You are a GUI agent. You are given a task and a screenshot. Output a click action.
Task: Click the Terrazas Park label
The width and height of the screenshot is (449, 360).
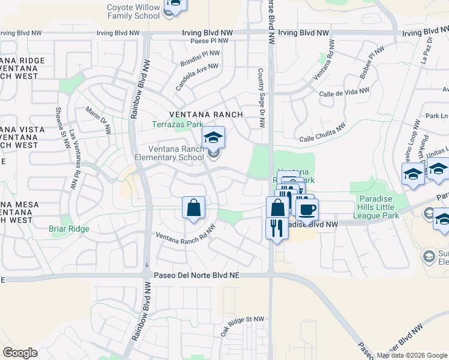[177, 125]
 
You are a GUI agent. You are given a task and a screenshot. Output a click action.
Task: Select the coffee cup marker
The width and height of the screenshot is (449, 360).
[307, 210]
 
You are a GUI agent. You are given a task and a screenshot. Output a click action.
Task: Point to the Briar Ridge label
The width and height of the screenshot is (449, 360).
[69, 229]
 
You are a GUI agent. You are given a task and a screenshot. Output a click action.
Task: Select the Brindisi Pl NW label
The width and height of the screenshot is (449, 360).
[200, 58]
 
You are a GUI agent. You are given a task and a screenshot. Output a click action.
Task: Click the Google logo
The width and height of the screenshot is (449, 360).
[20, 353]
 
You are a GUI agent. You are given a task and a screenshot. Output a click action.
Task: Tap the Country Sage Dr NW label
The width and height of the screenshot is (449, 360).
[261, 98]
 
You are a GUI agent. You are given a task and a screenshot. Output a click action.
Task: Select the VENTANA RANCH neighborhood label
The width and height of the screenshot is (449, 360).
[206, 114]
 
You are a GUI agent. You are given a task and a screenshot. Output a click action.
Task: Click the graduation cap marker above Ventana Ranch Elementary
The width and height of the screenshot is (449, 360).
[213, 138]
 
